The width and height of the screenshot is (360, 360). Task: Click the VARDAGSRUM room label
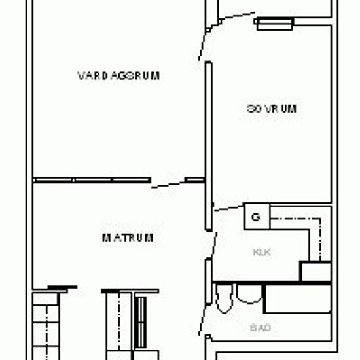(x=118, y=75)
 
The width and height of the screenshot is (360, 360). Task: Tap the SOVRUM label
(x=272, y=109)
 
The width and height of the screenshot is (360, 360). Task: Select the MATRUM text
(x=128, y=238)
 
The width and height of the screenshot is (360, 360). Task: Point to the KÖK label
(x=262, y=251)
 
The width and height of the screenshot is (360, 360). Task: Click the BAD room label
(x=261, y=327)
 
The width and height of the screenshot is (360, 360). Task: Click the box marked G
(x=256, y=217)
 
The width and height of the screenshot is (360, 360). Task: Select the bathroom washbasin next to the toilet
(x=249, y=295)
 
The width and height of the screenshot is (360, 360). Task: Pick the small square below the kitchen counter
(x=314, y=270)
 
